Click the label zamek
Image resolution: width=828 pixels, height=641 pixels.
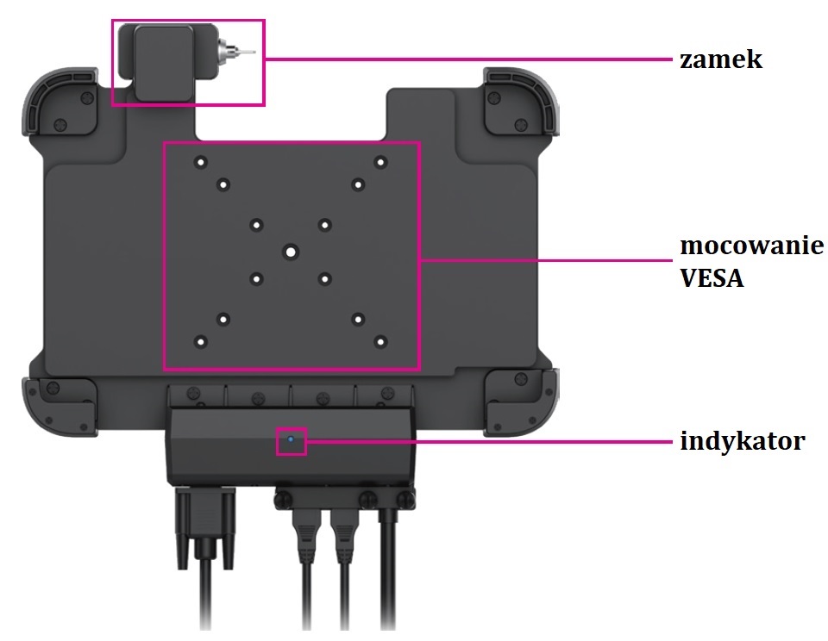[721, 60]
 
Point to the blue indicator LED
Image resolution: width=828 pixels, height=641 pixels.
[291, 440]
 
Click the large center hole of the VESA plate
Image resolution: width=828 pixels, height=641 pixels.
[291, 252]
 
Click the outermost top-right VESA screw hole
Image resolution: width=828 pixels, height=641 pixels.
[379, 161]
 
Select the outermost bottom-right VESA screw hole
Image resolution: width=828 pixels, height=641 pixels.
[379, 341]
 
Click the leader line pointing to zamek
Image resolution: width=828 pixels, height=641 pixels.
[466, 59]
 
